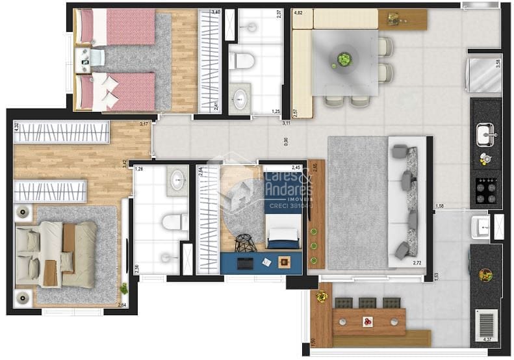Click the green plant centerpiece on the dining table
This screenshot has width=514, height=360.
(343, 60)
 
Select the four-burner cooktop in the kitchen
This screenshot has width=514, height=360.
(485, 190)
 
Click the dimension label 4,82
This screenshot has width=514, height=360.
(299, 12)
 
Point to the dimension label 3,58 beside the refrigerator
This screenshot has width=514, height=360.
(498, 64)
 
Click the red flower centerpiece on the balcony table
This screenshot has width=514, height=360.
(368, 322)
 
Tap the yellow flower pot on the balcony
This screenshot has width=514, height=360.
(321, 297)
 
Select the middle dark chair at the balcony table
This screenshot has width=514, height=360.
(368, 303)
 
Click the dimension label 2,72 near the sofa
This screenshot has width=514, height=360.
(418, 263)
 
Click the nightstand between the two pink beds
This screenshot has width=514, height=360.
(85, 60)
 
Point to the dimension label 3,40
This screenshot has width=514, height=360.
(216, 12)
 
